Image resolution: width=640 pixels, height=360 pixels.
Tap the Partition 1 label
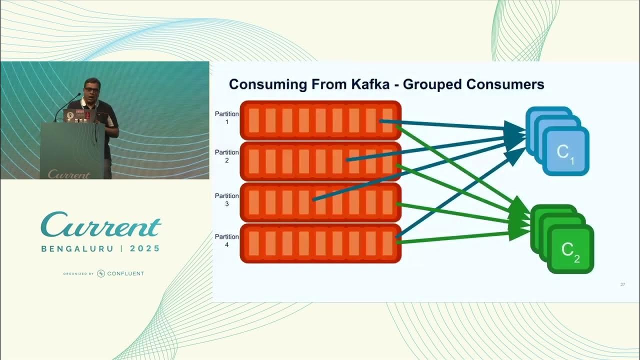(x=226, y=117)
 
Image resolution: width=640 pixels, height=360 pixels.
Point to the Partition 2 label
(x=226, y=156)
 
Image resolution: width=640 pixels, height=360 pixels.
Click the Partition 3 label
(x=226, y=199)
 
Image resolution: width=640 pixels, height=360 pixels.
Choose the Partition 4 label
(x=226, y=240)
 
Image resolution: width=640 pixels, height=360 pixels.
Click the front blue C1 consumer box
(x=565, y=151)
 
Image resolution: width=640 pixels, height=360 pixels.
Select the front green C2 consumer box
(x=570, y=249)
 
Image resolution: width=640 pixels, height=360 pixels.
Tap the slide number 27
(x=622, y=284)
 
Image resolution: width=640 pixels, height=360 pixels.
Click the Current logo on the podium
(x=68, y=174)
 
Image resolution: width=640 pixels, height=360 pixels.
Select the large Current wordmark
(x=101, y=225)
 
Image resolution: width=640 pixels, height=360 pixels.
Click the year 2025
(x=145, y=248)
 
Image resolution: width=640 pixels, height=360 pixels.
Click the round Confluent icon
(x=101, y=273)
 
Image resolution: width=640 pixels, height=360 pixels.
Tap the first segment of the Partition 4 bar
(x=253, y=243)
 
